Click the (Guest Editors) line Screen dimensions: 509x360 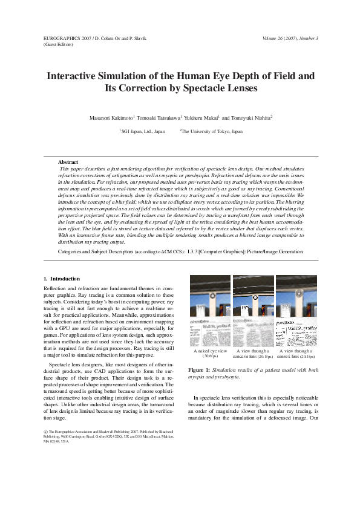(x=59, y=44)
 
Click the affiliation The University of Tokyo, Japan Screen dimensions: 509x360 (x=212, y=131)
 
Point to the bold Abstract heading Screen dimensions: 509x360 (x=68, y=162)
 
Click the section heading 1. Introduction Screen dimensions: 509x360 (x=62, y=279)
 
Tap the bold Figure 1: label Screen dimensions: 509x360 (x=200, y=369)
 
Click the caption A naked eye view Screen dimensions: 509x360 (x=210, y=351)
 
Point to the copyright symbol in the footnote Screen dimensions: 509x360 (x=45, y=431)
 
